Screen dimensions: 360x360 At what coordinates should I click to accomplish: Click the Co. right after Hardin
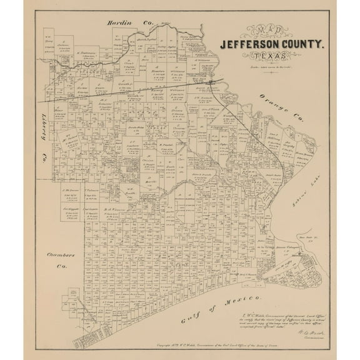[148, 23]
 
